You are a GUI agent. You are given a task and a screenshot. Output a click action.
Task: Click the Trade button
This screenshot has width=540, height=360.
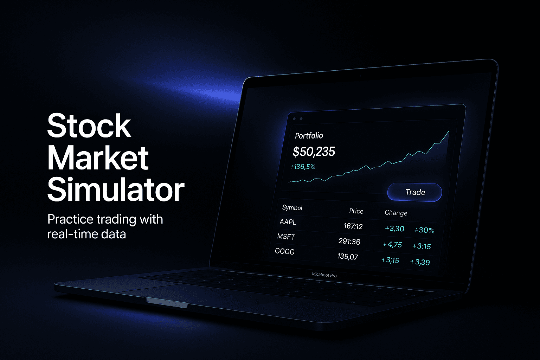click(415, 192)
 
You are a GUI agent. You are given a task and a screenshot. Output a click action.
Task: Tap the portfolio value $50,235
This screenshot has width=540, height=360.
click(314, 152)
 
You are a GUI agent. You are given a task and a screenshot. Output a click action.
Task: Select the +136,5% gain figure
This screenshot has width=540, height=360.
click(303, 167)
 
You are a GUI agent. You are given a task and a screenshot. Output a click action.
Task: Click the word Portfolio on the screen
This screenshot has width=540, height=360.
click(309, 136)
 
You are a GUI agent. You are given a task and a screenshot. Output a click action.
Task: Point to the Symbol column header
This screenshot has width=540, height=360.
click(292, 207)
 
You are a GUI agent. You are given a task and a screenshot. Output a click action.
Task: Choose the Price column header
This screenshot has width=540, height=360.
click(356, 211)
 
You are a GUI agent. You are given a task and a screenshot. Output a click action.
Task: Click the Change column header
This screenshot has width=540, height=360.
click(396, 213)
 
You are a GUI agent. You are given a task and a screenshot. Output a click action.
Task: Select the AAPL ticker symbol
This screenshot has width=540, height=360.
click(288, 222)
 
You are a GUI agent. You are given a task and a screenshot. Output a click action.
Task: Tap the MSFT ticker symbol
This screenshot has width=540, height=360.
click(286, 237)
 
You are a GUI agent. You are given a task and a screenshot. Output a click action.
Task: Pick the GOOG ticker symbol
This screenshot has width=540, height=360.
click(285, 251)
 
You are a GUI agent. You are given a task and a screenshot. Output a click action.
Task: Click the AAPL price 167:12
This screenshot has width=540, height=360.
click(353, 226)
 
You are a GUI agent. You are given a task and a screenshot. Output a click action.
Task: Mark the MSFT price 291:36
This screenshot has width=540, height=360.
click(349, 241)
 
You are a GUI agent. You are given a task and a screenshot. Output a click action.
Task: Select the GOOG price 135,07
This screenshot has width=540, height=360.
click(348, 256)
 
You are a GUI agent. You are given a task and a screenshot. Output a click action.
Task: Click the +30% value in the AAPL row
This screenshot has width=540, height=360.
click(424, 230)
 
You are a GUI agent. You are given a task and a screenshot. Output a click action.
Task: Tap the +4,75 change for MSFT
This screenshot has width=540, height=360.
click(392, 244)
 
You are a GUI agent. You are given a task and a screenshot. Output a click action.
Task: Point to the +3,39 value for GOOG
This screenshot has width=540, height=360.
click(420, 262)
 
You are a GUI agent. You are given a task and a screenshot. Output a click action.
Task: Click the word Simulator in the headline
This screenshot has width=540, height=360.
click(116, 190)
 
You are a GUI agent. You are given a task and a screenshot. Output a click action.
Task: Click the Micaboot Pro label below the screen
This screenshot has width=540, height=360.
click(324, 275)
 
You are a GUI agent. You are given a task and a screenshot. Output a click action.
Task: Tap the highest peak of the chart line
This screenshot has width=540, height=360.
click(449, 132)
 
